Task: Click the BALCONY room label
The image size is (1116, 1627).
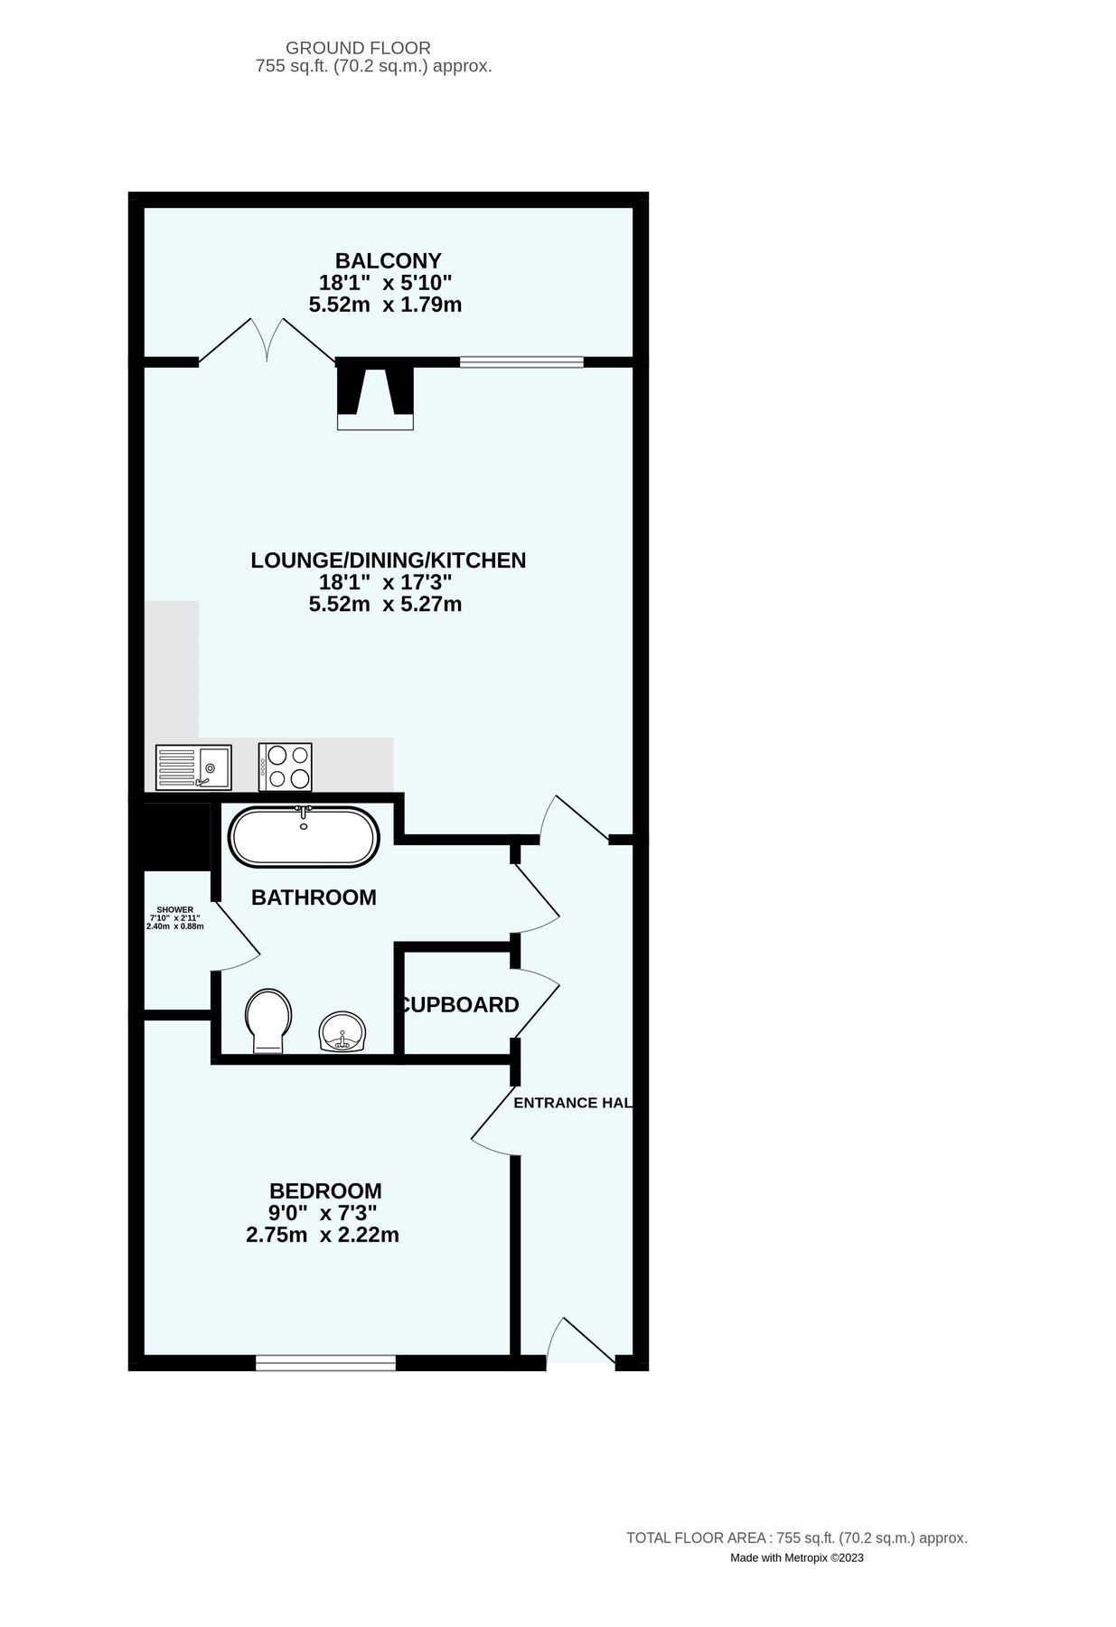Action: coord(388,261)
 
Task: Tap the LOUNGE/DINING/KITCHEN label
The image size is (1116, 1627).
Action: coord(388,560)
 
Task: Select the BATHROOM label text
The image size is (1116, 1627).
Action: coord(314,898)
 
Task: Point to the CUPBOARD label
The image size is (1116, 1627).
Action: coord(459,1004)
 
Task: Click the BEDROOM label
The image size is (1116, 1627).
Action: coord(325,1191)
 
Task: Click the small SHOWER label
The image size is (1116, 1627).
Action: coord(175,909)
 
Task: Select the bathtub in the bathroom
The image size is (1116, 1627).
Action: coord(303,836)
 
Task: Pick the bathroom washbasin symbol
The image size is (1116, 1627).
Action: coord(342,1032)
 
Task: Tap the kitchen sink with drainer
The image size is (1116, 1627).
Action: coord(193,767)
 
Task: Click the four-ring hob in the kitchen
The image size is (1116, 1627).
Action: coord(286,767)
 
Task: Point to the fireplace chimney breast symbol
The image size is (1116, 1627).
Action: coord(375,393)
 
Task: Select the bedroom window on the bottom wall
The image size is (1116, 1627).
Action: coord(325,1362)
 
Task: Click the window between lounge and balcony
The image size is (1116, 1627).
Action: coord(521,362)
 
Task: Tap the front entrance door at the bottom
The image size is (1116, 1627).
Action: coord(580,1345)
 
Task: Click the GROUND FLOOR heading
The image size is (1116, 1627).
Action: coord(358,48)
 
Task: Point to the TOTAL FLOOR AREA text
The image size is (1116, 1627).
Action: coord(796,1538)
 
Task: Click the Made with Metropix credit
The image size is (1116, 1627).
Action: coord(796,1557)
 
